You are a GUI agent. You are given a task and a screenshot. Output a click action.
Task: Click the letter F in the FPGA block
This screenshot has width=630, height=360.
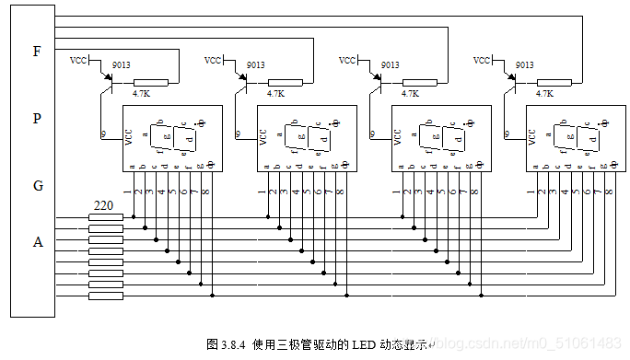[x=37, y=52]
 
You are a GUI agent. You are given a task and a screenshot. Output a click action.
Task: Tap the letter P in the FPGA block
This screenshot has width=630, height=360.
[x=37, y=119]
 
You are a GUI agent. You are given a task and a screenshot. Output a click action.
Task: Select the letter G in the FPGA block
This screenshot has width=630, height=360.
[x=38, y=185]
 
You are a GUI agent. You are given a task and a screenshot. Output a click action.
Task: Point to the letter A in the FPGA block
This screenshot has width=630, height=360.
[x=38, y=242]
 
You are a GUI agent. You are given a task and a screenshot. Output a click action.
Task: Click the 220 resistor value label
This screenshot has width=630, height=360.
[x=105, y=206]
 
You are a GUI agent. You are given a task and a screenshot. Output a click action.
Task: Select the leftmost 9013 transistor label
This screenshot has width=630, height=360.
[x=121, y=65]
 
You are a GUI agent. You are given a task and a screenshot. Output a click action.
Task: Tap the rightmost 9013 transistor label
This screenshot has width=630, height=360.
[x=524, y=65]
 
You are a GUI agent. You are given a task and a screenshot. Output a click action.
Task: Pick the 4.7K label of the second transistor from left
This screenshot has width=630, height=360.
[x=276, y=94]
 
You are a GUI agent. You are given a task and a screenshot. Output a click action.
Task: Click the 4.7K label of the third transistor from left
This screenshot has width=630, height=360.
[x=411, y=94]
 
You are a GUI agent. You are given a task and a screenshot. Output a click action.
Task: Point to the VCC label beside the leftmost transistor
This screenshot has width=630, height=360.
[x=79, y=61]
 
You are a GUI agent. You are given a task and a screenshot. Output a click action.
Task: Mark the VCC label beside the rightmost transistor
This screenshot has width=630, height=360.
[x=482, y=61]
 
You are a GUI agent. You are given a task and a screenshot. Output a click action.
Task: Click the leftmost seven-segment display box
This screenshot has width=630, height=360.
[x=173, y=137]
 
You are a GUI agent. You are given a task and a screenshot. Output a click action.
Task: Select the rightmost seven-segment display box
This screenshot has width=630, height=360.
[x=576, y=137]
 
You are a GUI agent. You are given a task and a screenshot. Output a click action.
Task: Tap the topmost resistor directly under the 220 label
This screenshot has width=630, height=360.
[x=105, y=217]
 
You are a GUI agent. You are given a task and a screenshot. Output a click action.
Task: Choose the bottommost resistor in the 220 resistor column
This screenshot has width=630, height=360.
[x=105, y=296]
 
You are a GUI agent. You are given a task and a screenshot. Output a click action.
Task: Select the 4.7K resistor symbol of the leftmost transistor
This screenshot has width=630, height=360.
[x=151, y=83]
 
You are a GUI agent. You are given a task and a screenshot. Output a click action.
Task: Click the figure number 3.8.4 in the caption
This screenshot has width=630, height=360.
[x=234, y=344]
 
